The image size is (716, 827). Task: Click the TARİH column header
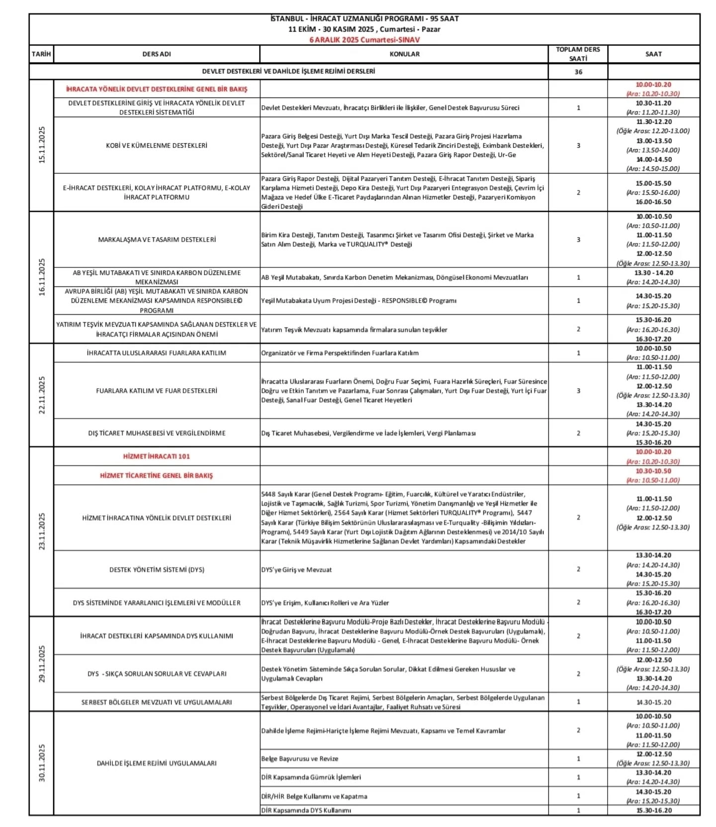point(41,54)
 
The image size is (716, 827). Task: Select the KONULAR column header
point(404,54)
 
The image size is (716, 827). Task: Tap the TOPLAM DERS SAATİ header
point(578,54)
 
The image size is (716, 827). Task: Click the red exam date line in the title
point(364,40)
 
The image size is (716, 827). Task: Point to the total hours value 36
point(578,72)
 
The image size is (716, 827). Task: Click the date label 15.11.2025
point(42,145)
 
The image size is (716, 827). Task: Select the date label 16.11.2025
point(42,277)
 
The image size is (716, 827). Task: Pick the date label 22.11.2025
point(42,395)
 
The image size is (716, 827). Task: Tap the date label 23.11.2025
point(42,531)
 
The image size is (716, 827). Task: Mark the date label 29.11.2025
point(42,663)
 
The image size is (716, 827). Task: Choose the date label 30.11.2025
point(42,763)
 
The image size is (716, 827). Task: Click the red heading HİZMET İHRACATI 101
point(157,456)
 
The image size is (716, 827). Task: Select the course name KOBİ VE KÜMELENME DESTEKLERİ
point(157,146)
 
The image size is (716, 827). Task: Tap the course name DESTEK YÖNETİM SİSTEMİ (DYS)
point(157,570)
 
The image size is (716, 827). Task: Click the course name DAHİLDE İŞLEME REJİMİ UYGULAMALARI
point(157,763)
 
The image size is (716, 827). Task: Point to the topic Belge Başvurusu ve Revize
point(300,759)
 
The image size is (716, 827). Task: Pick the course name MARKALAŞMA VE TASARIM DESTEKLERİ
point(157,240)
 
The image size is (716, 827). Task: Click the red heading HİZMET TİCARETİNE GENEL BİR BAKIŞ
point(157,476)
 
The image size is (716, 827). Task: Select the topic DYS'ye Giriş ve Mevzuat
point(296,570)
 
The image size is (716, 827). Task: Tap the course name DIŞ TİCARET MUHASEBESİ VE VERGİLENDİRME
point(157,433)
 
